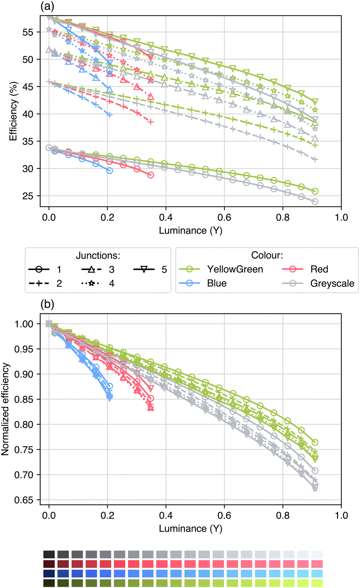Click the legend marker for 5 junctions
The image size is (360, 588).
pos(144,270)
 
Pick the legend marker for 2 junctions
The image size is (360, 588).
pos(39,283)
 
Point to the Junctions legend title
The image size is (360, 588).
pos(98,256)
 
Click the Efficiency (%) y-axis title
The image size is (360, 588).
pos(13,111)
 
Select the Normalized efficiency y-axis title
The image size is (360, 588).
pos(5,409)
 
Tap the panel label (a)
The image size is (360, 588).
pos(47,6)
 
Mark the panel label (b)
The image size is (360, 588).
pos(47,304)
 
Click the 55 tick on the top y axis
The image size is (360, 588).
pos(28,32)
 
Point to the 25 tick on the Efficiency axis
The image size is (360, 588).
pos(28,196)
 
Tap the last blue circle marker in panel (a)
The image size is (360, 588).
pos(110,170)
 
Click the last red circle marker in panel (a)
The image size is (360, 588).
pos(151,175)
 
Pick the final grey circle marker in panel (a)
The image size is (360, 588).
pos(315,201)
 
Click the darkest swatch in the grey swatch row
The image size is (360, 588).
pos(49,554)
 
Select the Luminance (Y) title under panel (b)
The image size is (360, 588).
pos(190,529)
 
